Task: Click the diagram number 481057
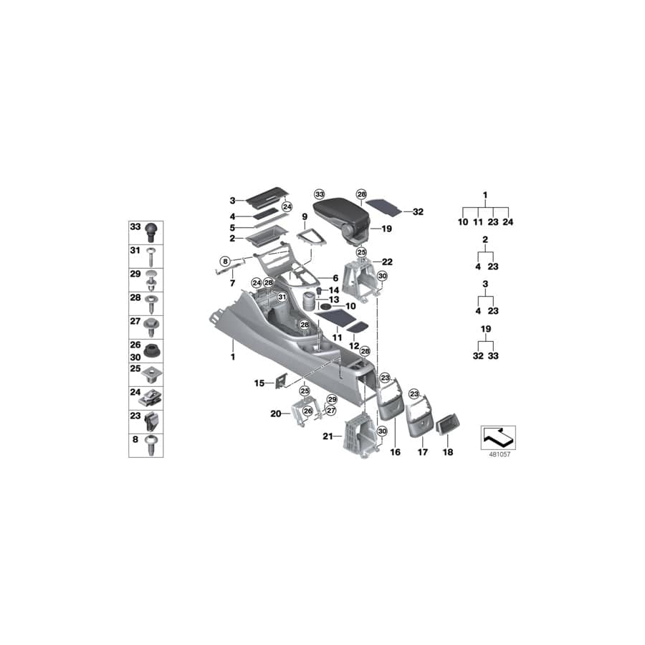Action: (x=497, y=453)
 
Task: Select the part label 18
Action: (x=447, y=452)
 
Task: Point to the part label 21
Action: (x=328, y=436)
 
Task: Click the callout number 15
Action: (x=259, y=383)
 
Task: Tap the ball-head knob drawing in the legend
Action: (x=152, y=230)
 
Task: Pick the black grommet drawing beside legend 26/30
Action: (x=152, y=350)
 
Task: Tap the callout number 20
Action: (x=276, y=414)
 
